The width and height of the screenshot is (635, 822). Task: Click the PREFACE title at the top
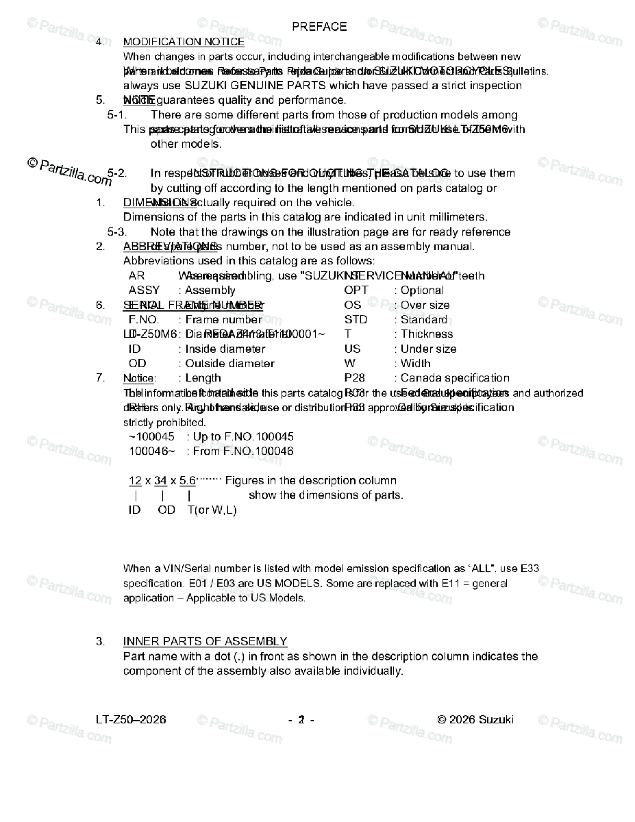[319, 27]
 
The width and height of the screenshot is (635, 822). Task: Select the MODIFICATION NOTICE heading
[184, 42]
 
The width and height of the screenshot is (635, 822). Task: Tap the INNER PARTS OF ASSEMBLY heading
[205, 641]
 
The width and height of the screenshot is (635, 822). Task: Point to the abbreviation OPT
[356, 290]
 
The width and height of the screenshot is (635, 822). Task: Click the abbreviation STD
[356, 320]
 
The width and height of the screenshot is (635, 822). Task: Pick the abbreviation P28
[354, 378]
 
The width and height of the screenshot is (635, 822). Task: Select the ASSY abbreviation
[144, 290]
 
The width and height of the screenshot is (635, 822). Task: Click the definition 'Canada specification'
[455, 378]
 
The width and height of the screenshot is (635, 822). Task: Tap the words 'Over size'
[425, 305]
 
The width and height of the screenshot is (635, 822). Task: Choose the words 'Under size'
[428, 349]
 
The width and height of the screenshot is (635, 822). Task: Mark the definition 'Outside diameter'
[229, 364]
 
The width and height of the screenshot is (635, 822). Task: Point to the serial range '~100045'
[151, 436]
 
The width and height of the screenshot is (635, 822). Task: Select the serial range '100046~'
[151, 451]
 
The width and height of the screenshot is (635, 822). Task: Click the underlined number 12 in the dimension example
[136, 481]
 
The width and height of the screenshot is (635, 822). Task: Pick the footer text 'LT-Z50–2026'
[131, 719]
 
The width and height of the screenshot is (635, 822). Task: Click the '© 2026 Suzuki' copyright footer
[475, 719]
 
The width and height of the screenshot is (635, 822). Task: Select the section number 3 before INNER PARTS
[100, 641]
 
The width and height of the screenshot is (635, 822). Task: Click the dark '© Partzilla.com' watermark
[69, 171]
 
